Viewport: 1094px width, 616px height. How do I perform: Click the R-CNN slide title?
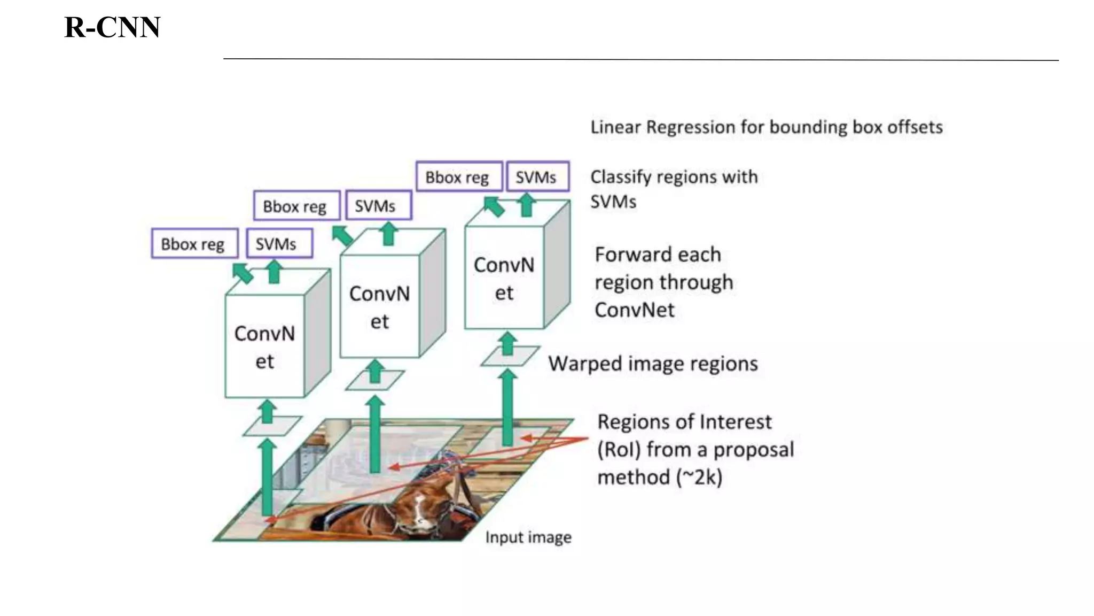coord(112,27)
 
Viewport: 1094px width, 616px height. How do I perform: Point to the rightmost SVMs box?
coord(537,176)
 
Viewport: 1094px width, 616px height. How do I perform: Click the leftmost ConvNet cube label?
coord(264,346)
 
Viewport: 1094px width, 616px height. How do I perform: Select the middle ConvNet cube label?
coord(379,307)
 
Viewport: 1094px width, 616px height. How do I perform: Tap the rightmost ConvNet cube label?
coord(504,278)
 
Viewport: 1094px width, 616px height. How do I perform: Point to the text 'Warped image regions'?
coord(653,364)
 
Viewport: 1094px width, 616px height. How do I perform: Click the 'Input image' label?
coord(528,537)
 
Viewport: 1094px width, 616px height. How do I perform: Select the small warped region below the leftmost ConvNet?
coord(272,426)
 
